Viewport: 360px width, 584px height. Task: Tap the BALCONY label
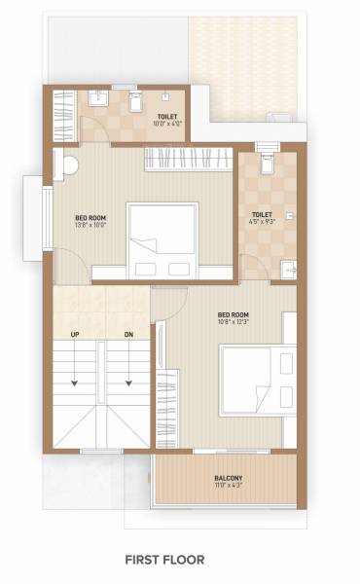[229, 478]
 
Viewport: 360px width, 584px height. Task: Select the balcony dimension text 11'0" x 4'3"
[229, 488]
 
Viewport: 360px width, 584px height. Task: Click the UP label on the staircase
[75, 335]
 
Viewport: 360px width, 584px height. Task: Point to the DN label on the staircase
[128, 335]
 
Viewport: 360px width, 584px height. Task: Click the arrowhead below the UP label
[75, 384]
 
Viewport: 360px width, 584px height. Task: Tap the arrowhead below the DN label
[128, 384]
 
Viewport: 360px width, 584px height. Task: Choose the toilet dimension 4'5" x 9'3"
[262, 223]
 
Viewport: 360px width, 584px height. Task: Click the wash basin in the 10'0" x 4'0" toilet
[100, 98]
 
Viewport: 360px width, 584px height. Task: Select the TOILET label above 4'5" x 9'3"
[262, 214]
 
